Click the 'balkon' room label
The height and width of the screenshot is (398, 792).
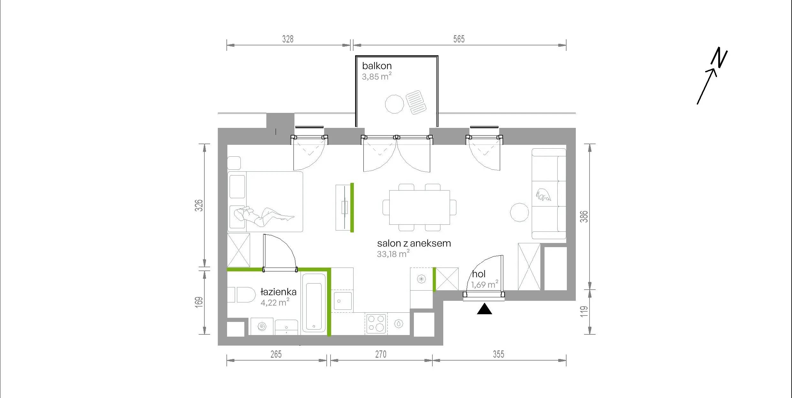(x=377, y=66)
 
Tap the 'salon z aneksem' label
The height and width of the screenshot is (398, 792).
(x=414, y=243)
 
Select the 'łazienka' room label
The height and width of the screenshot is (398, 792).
(x=278, y=292)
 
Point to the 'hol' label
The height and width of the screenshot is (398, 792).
(x=479, y=274)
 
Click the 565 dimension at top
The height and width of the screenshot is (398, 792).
(x=459, y=39)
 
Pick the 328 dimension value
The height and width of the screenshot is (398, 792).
(x=288, y=39)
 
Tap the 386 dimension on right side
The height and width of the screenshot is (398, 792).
(x=584, y=216)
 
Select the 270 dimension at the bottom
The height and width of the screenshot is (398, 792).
(x=381, y=354)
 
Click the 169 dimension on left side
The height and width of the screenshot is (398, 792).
(x=199, y=302)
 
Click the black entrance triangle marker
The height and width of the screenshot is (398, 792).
(x=484, y=309)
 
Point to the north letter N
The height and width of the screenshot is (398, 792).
(x=719, y=58)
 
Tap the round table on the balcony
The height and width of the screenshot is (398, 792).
(x=394, y=104)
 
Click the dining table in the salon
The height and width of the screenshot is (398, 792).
(x=419, y=207)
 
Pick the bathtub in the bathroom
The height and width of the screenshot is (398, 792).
(x=314, y=303)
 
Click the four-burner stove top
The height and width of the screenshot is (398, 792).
(x=376, y=324)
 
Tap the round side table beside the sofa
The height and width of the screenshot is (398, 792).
(x=520, y=212)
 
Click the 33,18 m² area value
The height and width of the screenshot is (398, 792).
(x=393, y=254)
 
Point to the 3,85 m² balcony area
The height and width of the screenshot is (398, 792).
(x=377, y=76)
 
